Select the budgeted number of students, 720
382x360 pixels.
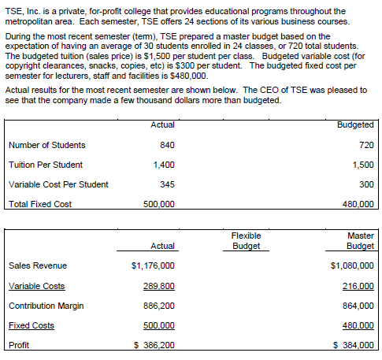(365, 145)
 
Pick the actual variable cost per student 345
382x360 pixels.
(166, 184)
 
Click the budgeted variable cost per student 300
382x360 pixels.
(365, 184)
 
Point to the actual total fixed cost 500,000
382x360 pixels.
(158, 204)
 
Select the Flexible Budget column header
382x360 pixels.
(246, 240)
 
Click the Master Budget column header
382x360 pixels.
(360, 240)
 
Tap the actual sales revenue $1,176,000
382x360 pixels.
(153, 265)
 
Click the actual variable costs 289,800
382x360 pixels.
(158, 285)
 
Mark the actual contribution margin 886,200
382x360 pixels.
(158, 305)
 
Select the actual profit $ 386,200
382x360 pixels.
(154, 345)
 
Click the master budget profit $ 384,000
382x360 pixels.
(354, 345)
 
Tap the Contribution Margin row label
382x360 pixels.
(46, 305)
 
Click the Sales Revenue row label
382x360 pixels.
(37, 265)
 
